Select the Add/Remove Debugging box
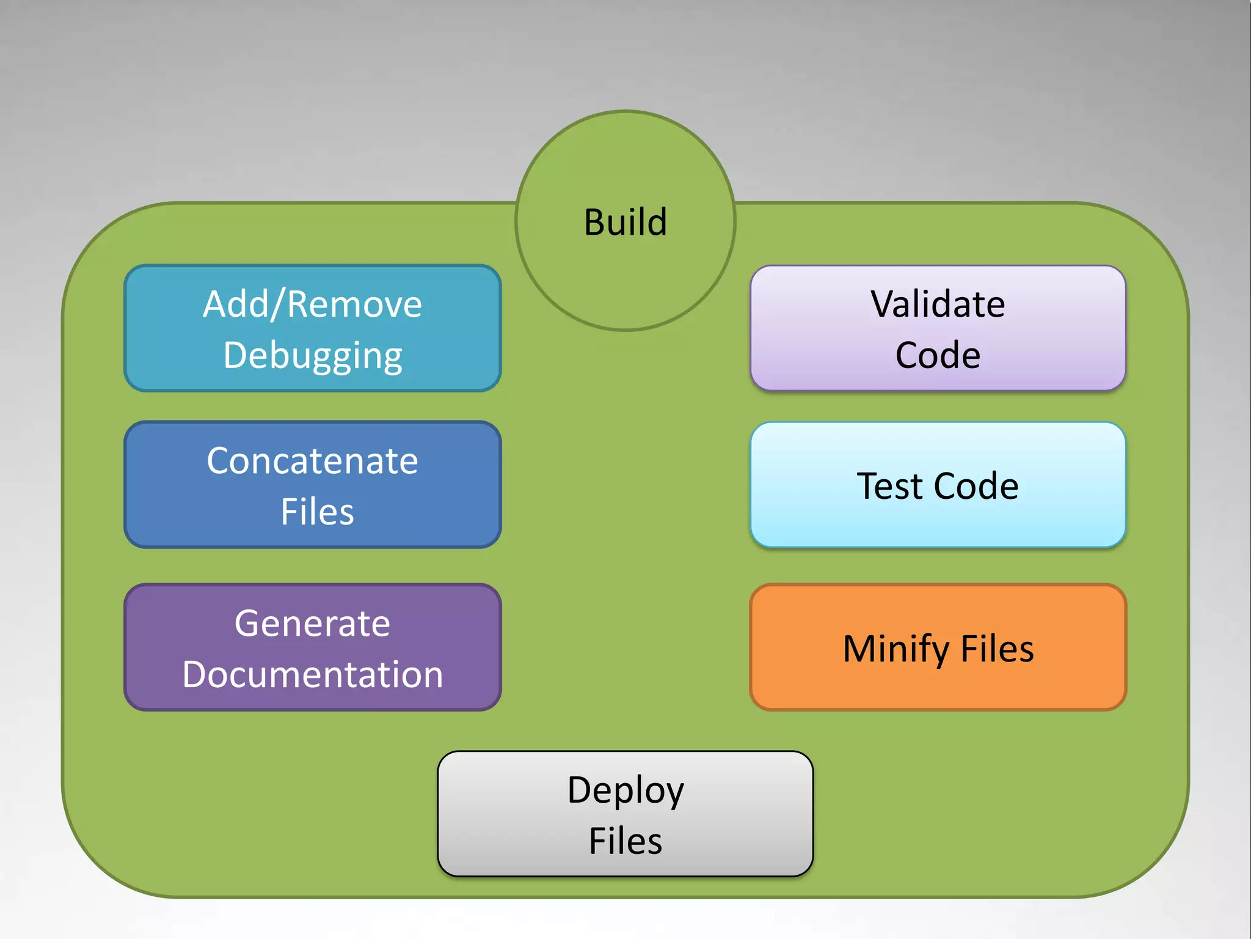coord(312,328)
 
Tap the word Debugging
coord(312,356)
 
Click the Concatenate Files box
coord(312,484)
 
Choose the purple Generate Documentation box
coord(312,647)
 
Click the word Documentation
coord(312,674)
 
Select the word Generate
coord(312,624)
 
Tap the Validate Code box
coord(938,328)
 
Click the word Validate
coord(938,304)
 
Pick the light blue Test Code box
coord(938,484)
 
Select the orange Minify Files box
coord(938,647)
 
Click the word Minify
coord(895,649)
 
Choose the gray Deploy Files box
coord(625,814)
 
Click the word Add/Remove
coord(312,304)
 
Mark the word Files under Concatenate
coord(317,512)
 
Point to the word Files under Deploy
coord(625,841)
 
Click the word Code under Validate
coord(938,355)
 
